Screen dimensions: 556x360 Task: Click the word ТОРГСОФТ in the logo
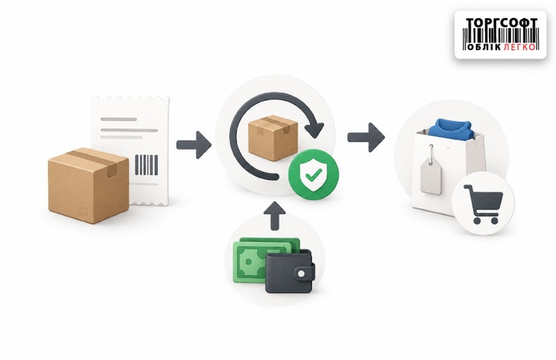pyautogui.click(x=501, y=22)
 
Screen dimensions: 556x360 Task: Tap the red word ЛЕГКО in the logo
pyautogui.click(x=518, y=47)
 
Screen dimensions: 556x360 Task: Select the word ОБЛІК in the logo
pyautogui.click(x=484, y=47)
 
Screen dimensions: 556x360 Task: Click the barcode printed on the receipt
pyautogui.click(x=146, y=165)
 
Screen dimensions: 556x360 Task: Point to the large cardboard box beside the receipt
pyautogui.click(x=88, y=185)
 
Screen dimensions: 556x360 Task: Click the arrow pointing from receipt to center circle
pyautogui.click(x=194, y=145)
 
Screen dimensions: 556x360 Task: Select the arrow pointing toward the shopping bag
pyautogui.click(x=366, y=137)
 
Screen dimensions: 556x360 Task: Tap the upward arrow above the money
pyautogui.click(x=275, y=216)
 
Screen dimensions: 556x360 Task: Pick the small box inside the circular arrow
pyautogui.click(x=272, y=137)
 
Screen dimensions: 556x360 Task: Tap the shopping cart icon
pyautogui.click(x=483, y=204)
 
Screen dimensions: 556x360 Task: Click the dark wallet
pyautogui.click(x=289, y=271)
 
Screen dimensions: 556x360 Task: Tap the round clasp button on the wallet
pyautogui.click(x=302, y=274)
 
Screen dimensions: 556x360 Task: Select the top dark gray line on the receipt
pyautogui.click(x=119, y=119)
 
